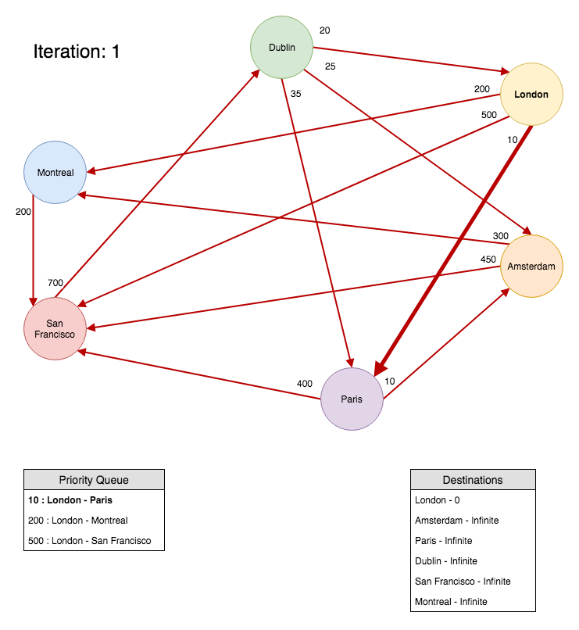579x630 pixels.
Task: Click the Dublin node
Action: (281, 48)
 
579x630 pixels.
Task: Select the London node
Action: (531, 95)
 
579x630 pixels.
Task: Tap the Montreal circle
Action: (55, 173)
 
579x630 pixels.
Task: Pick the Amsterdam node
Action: (531, 267)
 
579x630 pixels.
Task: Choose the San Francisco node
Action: (55, 329)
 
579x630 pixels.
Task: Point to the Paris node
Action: (352, 399)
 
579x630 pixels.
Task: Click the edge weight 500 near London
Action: (488, 115)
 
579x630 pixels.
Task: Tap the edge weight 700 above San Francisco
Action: (55, 283)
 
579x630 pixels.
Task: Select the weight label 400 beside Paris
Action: (305, 384)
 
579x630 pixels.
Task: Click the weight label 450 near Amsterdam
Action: (488, 260)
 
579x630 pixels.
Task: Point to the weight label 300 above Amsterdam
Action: (500, 236)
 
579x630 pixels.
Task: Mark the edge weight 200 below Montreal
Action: (23, 212)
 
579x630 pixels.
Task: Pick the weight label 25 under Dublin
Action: (330, 67)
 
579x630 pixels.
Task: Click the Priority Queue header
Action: (94, 480)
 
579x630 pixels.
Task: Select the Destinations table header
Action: (473, 480)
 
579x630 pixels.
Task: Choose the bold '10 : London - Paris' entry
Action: (70, 500)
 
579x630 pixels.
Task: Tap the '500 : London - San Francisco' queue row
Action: (90, 541)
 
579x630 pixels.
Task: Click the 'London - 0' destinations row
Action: (438, 500)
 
